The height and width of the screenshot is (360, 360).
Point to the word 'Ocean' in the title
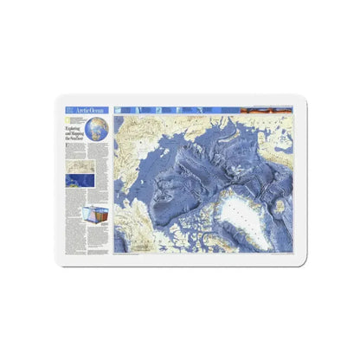click(96, 112)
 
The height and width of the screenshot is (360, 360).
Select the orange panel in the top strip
click(278, 111)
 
